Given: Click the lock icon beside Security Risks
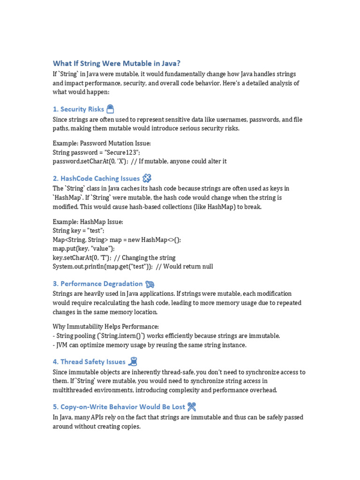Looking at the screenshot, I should tap(110, 109).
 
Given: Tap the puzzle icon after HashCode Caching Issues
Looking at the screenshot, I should tap(147, 178).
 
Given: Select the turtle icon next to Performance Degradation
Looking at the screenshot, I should tap(150, 284).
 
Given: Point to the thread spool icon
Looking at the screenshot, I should tap(133, 361).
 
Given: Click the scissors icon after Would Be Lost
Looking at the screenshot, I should tap(191, 407).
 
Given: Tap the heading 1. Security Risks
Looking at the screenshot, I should tap(78, 109).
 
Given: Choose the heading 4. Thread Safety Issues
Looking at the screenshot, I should tap(89, 362).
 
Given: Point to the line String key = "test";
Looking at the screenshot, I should tap(78, 231).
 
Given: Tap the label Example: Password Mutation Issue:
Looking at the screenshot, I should tap(102, 143).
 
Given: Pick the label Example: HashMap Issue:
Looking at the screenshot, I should tap(88, 222).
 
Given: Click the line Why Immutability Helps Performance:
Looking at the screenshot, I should tap(106, 327).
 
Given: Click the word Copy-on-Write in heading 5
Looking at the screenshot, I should tap(82, 407).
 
